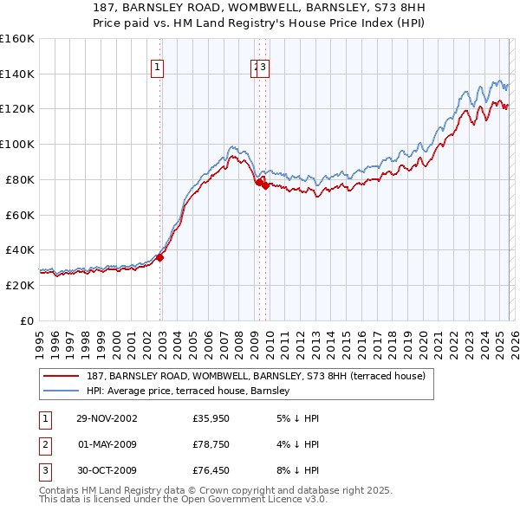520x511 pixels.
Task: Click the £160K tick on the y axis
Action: click(x=17, y=39)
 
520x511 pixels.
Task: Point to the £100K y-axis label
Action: click(x=17, y=144)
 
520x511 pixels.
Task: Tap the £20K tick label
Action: click(x=20, y=285)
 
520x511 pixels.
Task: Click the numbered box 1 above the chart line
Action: click(x=157, y=68)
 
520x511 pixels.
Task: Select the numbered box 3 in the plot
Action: click(x=263, y=68)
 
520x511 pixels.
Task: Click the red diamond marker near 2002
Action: click(x=160, y=256)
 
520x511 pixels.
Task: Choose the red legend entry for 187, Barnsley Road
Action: click(x=256, y=377)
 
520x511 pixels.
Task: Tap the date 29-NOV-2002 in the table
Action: click(x=107, y=418)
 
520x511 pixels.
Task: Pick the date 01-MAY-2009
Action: click(x=107, y=444)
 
